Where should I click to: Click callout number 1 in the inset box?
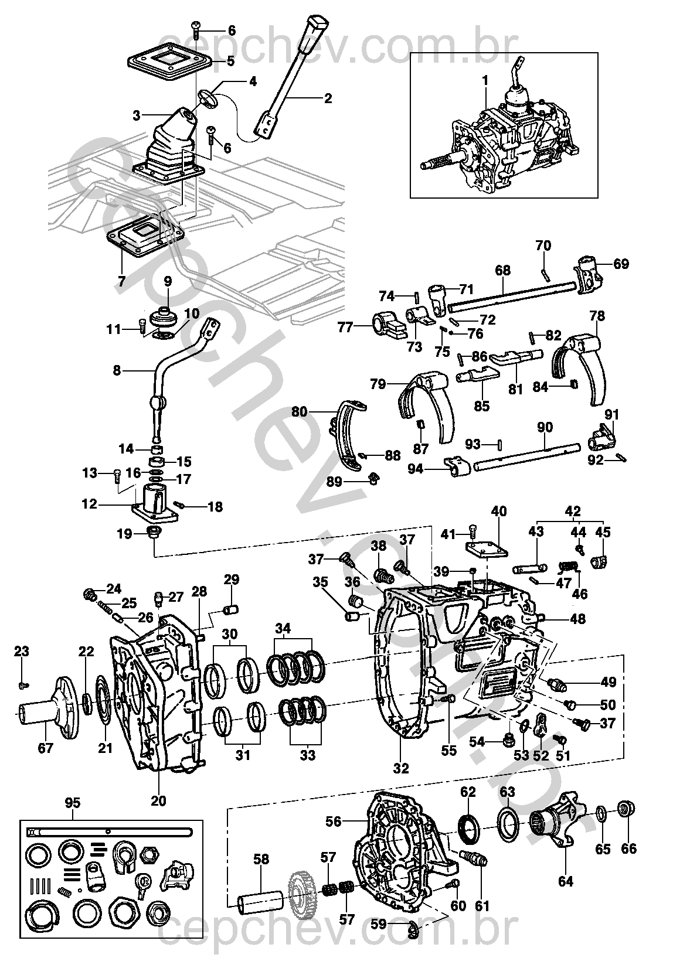click(485, 80)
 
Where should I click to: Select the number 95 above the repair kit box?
click(73, 803)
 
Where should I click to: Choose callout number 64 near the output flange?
click(565, 869)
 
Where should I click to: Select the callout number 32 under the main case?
click(401, 768)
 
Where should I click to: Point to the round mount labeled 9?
click(164, 318)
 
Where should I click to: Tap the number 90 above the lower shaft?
click(545, 428)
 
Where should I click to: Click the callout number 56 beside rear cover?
click(334, 822)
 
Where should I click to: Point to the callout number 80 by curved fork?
click(300, 412)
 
